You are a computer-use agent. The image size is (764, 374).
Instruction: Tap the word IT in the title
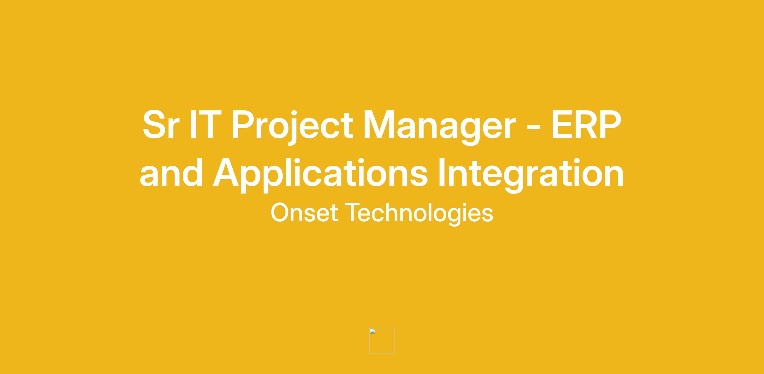point(203,125)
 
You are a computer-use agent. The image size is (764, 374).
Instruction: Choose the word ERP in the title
point(586,125)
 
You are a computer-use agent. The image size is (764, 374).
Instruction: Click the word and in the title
point(171,172)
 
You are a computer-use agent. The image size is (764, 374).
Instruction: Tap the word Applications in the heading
point(320,174)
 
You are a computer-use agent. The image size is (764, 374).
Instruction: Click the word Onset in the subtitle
point(304,213)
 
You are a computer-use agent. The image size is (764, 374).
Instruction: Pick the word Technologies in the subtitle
point(419,214)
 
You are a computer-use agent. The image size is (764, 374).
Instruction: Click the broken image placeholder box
point(382,341)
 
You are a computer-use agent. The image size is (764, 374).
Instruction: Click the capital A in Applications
point(226,172)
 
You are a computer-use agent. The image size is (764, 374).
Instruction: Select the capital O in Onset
point(280,213)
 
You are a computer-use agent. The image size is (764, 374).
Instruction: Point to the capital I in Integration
point(442,172)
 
